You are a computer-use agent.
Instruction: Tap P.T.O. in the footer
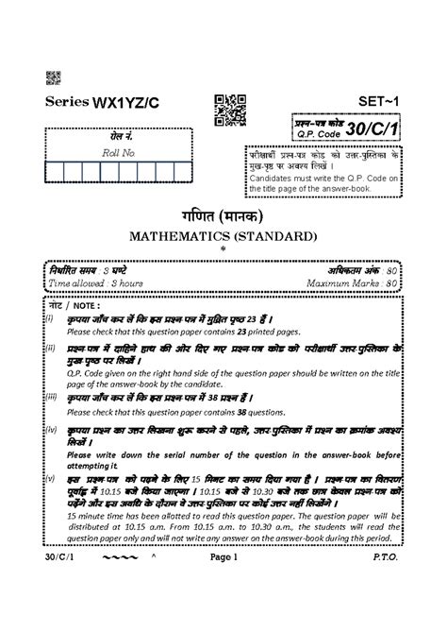click(x=387, y=612)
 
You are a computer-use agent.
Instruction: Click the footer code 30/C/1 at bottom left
click(x=56, y=612)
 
